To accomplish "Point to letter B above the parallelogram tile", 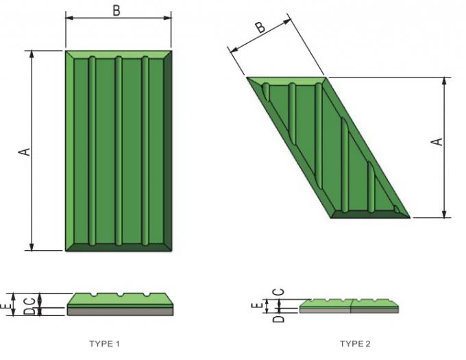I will (260, 27).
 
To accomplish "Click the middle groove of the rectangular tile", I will (119, 150).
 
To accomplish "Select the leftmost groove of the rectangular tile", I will (92, 150).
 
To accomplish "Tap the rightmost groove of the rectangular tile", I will (145, 150).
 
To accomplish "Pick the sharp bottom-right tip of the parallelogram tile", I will (408, 217).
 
